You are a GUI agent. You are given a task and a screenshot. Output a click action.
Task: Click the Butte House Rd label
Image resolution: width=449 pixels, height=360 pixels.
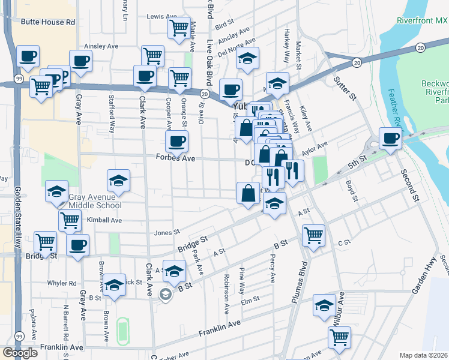click(x=48, y=22)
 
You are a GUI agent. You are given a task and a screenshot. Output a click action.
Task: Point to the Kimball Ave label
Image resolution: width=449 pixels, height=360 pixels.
click(x=104, y=220)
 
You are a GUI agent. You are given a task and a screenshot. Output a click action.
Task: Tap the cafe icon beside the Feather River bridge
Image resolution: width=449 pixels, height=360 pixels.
click(x=391, y=139)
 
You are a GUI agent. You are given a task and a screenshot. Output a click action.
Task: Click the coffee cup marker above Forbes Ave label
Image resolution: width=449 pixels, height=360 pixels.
click(x=176, y=142)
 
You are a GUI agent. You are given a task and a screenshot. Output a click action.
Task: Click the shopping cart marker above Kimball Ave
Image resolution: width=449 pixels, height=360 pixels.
click(x=70, y=220)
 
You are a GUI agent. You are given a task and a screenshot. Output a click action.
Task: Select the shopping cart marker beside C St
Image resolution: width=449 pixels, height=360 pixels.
click(x=313, y=235)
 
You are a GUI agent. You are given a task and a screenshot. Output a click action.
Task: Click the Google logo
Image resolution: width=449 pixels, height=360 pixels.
click(x=20, y=353)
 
